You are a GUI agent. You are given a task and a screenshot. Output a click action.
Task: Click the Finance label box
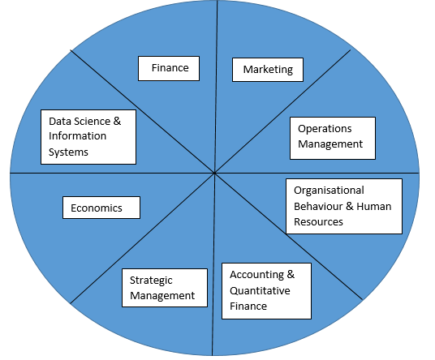169,68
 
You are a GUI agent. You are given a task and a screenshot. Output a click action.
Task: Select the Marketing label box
268,70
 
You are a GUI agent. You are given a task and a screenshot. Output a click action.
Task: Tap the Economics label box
101,208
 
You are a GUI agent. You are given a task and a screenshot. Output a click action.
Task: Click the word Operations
325,129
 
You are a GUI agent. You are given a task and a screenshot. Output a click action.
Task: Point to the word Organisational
329,191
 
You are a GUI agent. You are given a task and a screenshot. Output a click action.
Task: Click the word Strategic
151,281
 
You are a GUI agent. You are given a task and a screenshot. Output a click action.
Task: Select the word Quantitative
260,291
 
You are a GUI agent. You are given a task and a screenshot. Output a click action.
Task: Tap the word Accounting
257,275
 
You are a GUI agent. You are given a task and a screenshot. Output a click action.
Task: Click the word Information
77,136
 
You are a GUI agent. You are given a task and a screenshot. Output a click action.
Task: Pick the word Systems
68,152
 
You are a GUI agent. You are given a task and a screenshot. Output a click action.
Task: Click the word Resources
318,222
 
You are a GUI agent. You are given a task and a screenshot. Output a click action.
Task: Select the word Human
373,207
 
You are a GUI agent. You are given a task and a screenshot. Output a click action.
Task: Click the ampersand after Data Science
117,121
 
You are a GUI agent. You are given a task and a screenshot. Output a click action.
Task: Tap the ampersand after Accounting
291,274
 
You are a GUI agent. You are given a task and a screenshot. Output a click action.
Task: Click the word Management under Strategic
162,296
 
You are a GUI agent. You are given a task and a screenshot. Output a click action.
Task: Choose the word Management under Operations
330,144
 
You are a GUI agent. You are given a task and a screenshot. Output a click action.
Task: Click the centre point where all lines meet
215,173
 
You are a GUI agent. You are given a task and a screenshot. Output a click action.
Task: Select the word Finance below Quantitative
248,306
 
